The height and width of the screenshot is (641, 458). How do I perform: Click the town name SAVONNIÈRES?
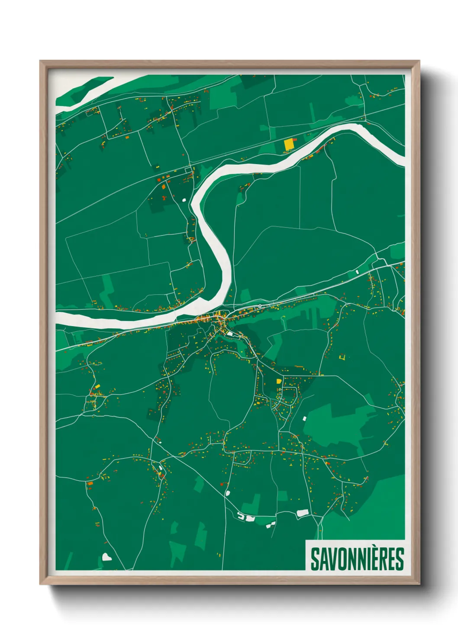pyautogui.click(x=357, y=559)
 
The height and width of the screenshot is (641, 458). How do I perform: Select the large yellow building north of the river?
pyautogui.click(x=288, y=144)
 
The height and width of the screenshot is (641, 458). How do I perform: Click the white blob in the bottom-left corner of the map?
pyautogui.click(x=106, y=557)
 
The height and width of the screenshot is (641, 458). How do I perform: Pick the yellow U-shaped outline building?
pyautogui.click(x=342, y=357)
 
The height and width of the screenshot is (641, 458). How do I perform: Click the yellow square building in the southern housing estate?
pyautogui.click(x=279, y=382)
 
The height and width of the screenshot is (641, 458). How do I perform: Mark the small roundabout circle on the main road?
pyautogui.click(x=259, y=306)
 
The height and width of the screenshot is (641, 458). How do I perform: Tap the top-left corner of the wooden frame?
pyautogui.click(x=40, y=61)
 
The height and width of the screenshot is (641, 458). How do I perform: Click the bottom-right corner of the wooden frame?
pyautogui.click(x=419, y=584)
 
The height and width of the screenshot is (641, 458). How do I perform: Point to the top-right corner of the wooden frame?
pyautogui.click(x=419, y=61)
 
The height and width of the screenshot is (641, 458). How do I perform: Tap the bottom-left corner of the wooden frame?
pyautogui.click(x=40, y=584)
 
